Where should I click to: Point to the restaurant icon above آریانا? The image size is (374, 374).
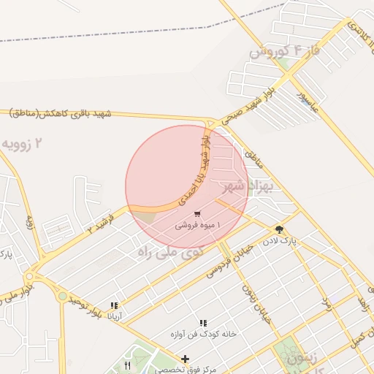pos(114,305)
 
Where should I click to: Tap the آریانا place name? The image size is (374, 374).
pos(115,317)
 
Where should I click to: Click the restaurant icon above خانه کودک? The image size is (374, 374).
pos(203,322)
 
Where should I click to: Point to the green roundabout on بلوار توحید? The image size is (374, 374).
pos(63,297)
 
